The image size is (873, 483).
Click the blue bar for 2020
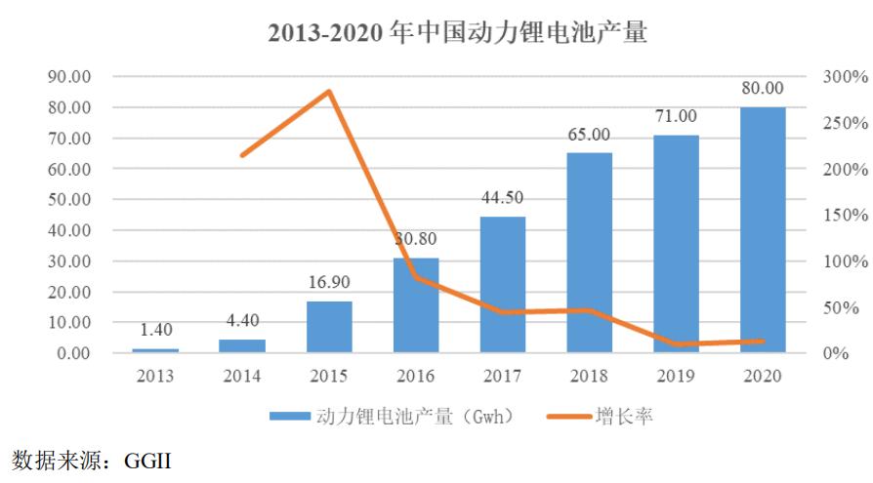coord(763,229)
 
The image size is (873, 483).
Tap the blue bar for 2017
coord(503,284)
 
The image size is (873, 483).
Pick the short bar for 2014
coord(242,345)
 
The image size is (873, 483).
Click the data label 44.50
coord(503,198)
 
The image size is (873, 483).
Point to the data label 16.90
coord(329,282)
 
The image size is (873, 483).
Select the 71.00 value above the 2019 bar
coord(676,116)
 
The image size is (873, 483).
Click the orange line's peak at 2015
coord(330,92)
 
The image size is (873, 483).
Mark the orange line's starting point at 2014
coord(242,155)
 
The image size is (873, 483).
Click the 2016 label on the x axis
coord(416,377)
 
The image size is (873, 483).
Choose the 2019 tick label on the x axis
coord(676,377)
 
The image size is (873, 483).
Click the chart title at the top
coord(458,32)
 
